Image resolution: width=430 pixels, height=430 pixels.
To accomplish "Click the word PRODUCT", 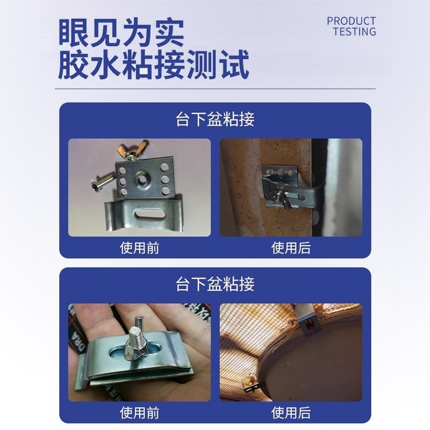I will tap(351, 21).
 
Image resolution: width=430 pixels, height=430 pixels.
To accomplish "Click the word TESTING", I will tap(354, 32).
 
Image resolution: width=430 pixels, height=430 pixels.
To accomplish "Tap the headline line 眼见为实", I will tap(121, 33).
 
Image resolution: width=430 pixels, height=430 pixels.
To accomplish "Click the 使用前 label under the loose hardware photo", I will tap(139, 248).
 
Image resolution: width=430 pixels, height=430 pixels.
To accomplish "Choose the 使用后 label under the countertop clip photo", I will tap(291, 248).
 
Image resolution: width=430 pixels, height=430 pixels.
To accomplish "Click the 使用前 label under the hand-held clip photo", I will tap(139, 412).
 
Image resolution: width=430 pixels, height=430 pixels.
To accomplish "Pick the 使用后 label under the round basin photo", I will tap(291, 412).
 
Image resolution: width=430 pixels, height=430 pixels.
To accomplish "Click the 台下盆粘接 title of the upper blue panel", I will tap(215, 119).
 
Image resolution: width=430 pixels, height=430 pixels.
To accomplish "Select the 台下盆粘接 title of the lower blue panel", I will tap(215, 284).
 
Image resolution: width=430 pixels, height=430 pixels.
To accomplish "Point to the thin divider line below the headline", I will tap(215, 89).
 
